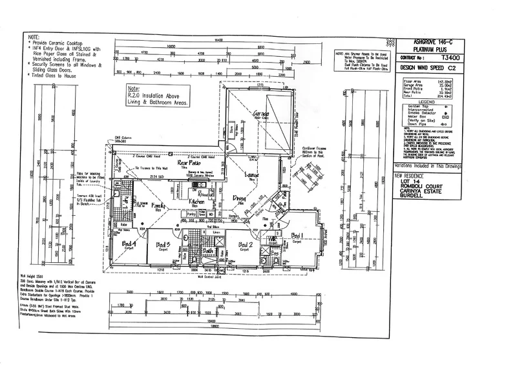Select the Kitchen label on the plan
click(197, 203)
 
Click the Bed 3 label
click(163, 245)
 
